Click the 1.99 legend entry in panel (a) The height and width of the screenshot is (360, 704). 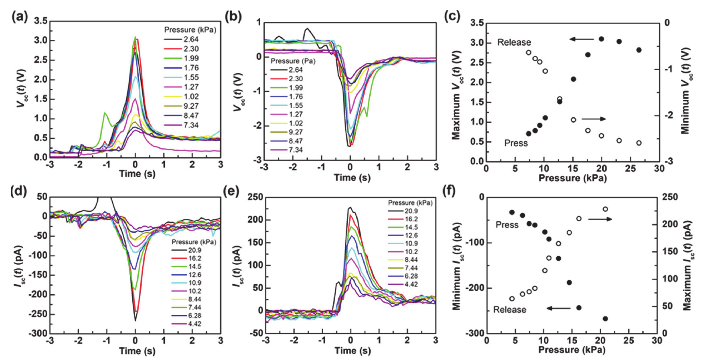tap(191, 58)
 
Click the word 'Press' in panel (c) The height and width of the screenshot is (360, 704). tap(516, 143)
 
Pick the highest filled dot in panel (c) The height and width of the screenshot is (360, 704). tap(601, 39)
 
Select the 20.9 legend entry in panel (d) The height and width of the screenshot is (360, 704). tap(194, 250)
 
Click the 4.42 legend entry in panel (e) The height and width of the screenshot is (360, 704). tap(411, 284)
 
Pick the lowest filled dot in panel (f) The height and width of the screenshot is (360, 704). tap(605, 319)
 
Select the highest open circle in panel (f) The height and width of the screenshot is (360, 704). tap(605, 209)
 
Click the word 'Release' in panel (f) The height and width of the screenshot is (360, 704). tap(509, 310)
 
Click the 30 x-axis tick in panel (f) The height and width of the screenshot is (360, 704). tap(657, 341)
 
